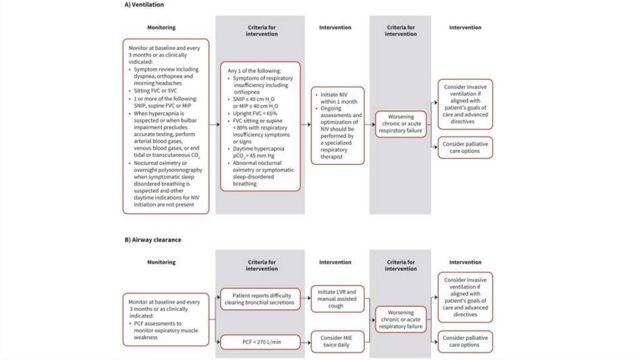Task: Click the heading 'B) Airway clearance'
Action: coord(145,240)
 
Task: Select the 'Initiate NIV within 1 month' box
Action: coord(338,125)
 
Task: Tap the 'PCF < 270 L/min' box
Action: coord(259,342)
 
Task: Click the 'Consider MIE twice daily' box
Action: coord(338,341)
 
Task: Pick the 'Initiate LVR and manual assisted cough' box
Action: coord(338,298)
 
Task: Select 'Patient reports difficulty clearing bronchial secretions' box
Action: coord(259,299)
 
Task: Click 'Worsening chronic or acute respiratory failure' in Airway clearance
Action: coord(401,319)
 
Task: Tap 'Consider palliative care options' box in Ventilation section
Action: coord(465,147)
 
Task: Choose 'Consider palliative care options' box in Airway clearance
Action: coord(465,341)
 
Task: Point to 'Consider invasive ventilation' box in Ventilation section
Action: coord(465,104)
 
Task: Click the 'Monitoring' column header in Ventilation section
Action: coord(161,28)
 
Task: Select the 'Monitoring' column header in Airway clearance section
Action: coord(161,262)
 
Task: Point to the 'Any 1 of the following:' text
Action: coord(254,71)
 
